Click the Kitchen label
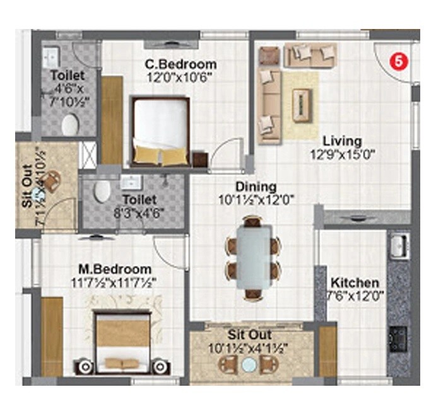point(355,282)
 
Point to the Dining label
point(256,187)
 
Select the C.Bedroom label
point(180,64)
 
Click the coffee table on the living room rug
point(302,103)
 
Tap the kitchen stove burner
point(398,339)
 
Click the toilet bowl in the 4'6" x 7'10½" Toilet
point(69,124)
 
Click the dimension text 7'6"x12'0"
point(355,295)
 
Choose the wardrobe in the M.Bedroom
point(52,337)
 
